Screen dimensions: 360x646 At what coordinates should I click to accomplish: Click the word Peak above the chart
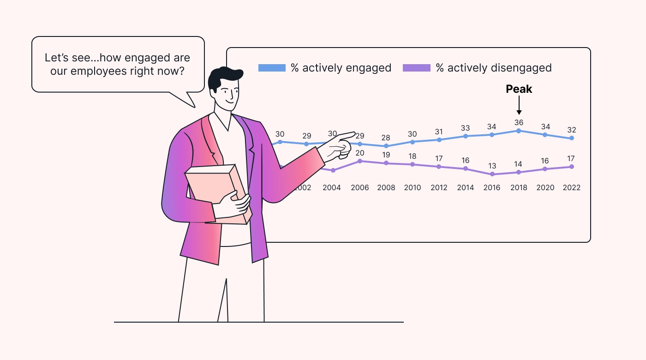[x=519, y=89]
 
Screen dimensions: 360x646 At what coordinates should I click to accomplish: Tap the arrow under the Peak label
[x=519, y=107]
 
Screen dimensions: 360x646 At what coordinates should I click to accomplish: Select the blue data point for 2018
[x=519, y=131]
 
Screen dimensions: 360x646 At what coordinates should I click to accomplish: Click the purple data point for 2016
[x=492, y=174]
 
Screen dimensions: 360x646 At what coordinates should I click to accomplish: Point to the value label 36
[x=519, y=122]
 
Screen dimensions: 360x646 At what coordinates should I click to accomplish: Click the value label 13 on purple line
[x=492, y=166]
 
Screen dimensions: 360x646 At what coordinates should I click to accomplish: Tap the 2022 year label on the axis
[x=572, y=188]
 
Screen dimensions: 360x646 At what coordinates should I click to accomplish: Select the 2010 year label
[x=413, y=188]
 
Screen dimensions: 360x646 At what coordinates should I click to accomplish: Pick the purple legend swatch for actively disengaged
[x=417, y=68]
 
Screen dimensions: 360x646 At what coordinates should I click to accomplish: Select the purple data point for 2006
[x=359, y=161]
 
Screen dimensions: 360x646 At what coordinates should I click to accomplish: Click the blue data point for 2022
[x=572, y=138]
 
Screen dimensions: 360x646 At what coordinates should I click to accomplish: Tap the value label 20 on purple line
[x=359, y=153]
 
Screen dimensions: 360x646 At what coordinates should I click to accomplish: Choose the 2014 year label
[x=466, y=188]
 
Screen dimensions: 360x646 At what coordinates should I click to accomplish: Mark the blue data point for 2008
[x=386, y=146]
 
